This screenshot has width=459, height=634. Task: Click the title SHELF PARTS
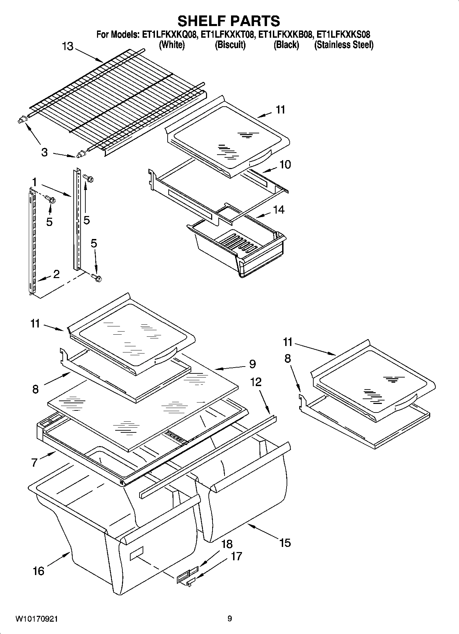point(229,21)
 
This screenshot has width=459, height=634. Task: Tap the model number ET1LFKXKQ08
point(169,35)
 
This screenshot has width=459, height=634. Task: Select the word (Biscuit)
point(230,45)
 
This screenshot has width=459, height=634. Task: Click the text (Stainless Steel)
point(344,45)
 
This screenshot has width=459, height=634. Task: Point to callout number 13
point(68,46)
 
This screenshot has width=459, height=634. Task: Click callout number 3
point(45,152)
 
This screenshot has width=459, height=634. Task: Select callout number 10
point(285,165)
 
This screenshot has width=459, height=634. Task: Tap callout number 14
point(279,210)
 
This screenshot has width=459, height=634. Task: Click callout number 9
point(252,364)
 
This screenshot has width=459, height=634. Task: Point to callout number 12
point(256,382)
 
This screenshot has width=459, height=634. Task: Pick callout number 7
point(34,463)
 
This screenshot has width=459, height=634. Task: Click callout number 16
point(38,571)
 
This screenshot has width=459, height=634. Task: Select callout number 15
point(285,543)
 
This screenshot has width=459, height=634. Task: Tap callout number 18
point(227,544)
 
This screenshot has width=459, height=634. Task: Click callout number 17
point(237,556)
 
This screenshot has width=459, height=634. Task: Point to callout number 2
point(56,274)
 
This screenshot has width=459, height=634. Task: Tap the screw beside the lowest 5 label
point(97,278)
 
